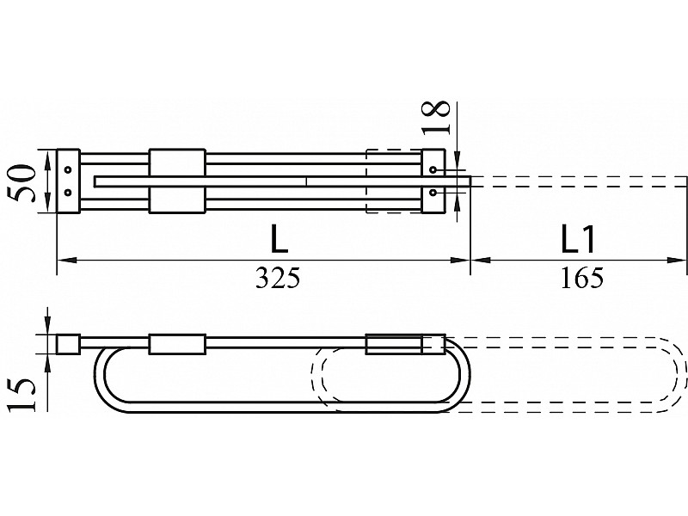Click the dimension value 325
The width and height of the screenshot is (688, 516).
pyautogui.click(x=278, y=277)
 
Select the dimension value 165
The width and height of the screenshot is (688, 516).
pyautogui.click(x=582, y=277)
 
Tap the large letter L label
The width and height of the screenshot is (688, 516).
pyautogui.click(x=279, y=239)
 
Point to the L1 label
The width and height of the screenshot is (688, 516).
pyautogui.click(x=578, y=239)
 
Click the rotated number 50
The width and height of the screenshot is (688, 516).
pyautogui.click(x=23, y=183)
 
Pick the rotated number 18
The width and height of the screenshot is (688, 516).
pyautogui.click(x=436, y=117)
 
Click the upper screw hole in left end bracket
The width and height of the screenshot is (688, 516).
pyautogui.click(x=68, y=169)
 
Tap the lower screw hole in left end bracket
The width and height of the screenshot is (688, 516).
pyautogui.click(x=68, y=192)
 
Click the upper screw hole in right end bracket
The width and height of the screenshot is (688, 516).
pyautogui.click(x=433, y=169)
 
